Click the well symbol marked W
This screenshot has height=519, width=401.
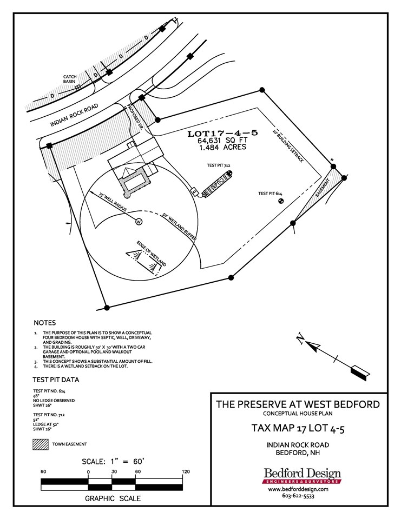[138, 222]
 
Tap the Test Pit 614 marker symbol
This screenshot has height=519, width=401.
[281, 201]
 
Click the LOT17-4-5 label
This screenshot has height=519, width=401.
[222, 132]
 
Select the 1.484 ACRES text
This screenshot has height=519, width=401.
[222, 147]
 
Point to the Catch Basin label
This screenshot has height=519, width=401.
[70, 79]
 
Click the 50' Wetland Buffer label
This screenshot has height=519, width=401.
[178, 225]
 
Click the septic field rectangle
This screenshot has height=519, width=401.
[215, 184]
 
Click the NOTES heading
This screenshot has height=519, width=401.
[44, 323]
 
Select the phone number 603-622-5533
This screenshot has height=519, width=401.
[299, 495]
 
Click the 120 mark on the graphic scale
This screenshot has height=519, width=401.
[186, 472]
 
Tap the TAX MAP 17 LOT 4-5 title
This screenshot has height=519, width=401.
[298, 428]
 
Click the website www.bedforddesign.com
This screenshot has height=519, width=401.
[299, 489]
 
